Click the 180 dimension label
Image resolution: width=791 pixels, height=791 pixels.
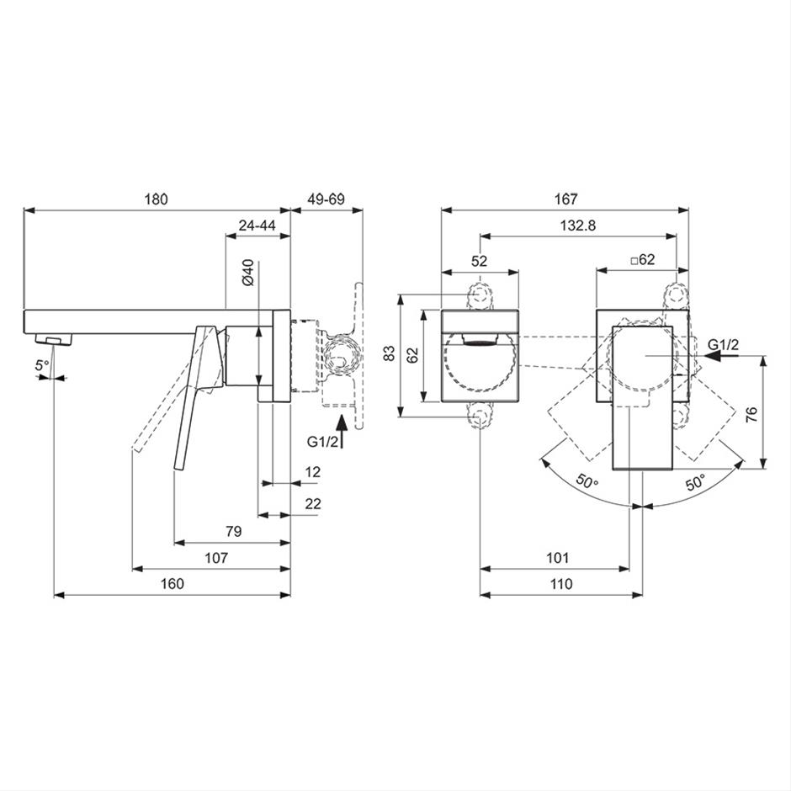[x=156, y=199]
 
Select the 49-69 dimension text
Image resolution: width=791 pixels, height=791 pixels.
[x=326, y=199]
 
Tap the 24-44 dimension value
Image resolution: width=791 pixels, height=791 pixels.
[x=257, y=226]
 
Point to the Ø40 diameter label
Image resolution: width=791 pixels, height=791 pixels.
[x=248, y=273]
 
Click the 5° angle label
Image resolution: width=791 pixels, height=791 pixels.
[x=42, y=365]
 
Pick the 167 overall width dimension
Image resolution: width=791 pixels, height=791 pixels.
[x=565, y=199]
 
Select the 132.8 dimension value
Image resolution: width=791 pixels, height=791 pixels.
[x=577, y=226]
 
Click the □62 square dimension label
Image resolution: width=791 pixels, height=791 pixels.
[x=643, y=260]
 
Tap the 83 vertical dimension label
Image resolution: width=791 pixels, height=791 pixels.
[x=389, y=353]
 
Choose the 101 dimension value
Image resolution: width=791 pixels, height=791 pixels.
[x=557, y=558]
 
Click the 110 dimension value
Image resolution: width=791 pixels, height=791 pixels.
[x=561, y=584]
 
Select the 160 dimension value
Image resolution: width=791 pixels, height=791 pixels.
[x=172, y=584]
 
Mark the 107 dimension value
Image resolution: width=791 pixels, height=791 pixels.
[x=216, y=558]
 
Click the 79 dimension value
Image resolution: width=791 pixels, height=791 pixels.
[x=234, y=531]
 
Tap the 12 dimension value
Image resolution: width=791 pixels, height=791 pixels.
[x=313, y=472]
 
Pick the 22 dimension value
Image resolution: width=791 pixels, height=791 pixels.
[x=313, y=504]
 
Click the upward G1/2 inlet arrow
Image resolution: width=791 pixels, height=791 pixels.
[x=342, y=432]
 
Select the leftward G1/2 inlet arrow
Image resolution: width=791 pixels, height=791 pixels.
[x=721, y=356]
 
